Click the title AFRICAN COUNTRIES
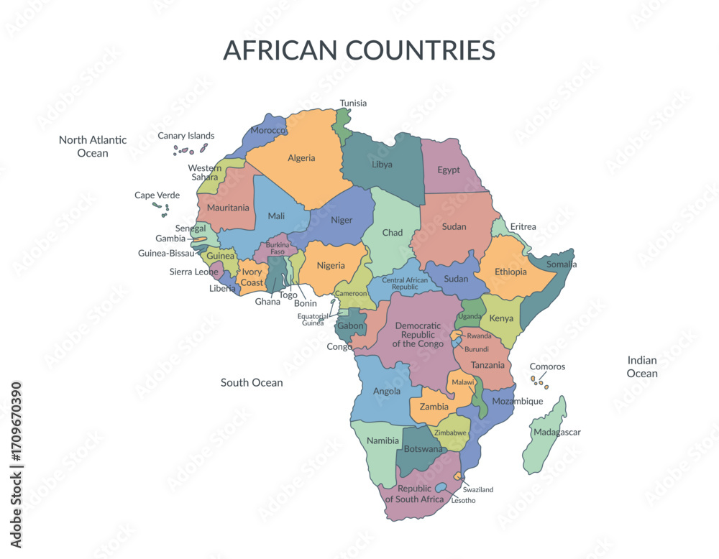[359, 50]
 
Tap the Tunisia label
[353, 103]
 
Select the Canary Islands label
[186, 135]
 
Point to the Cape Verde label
[157, 195]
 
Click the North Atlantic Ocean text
[93, 146]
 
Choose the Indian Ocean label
[642, 366]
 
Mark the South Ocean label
[252, 382]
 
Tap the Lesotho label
[463, 500]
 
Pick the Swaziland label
[478, 489]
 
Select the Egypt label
[449, 170]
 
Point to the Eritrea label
[523, 226]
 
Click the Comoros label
[547, 366]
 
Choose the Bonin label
[306, 303]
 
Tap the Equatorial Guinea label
[313, 320]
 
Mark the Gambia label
[170, 239]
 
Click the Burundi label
[477, 349]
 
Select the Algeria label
[301, 158]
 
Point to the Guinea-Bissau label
[166, 253]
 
